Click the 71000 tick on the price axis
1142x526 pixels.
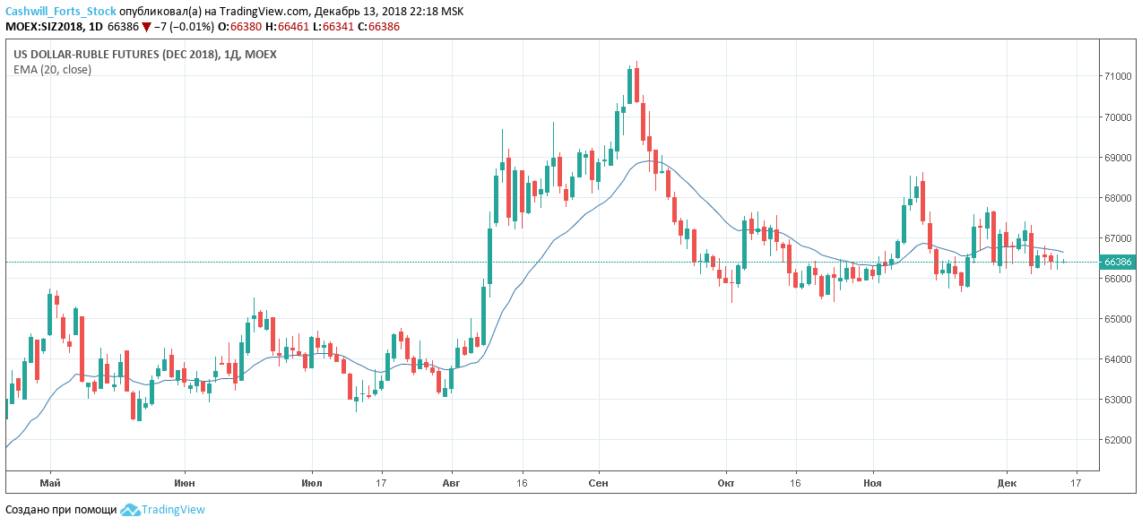1117,76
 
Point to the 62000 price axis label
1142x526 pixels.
1117,440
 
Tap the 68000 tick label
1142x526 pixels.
1117,198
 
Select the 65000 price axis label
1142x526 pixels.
1117,319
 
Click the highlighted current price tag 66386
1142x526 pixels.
1118,263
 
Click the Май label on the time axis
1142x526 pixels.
50,483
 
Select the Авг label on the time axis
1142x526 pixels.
452,483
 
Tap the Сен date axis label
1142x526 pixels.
599,483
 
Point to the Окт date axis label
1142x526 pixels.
726,483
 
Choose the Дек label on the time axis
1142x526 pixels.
1007,483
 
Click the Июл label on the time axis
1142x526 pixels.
313,483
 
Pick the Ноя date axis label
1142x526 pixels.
872,483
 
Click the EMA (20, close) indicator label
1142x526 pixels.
52,69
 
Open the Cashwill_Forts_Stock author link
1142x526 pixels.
61,12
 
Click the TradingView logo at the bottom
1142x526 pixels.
163,510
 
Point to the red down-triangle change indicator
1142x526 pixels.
146,27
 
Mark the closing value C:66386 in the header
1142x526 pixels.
378,27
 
